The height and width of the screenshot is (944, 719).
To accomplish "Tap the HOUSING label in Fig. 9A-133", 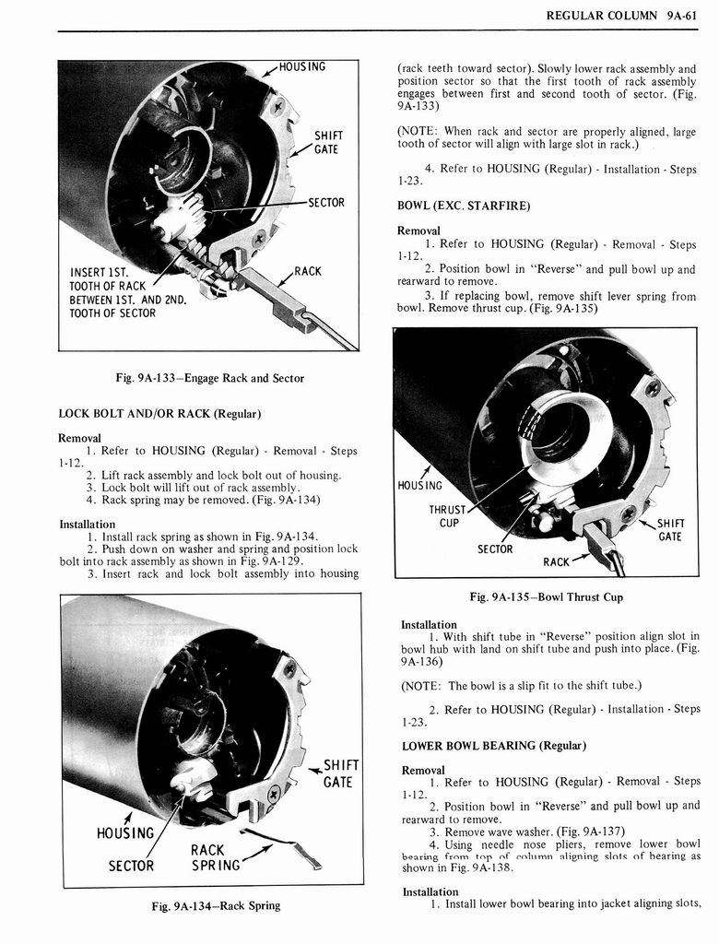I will point(302,66).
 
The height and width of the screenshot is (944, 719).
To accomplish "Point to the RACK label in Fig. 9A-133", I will point(307,271).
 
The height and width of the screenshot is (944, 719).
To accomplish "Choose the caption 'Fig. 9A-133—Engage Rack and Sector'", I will point(210,378).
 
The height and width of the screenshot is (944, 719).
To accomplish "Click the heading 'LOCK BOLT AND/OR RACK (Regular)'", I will point(159,413).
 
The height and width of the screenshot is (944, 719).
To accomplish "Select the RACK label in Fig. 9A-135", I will point(556,561).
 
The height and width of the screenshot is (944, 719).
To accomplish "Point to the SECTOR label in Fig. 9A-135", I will point(494,549).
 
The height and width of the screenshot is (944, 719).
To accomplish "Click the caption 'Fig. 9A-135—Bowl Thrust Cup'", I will point(546,596).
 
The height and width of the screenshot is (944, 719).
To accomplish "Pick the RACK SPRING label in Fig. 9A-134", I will point(215,857).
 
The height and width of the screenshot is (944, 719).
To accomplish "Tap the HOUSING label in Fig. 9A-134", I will point(125,833).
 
